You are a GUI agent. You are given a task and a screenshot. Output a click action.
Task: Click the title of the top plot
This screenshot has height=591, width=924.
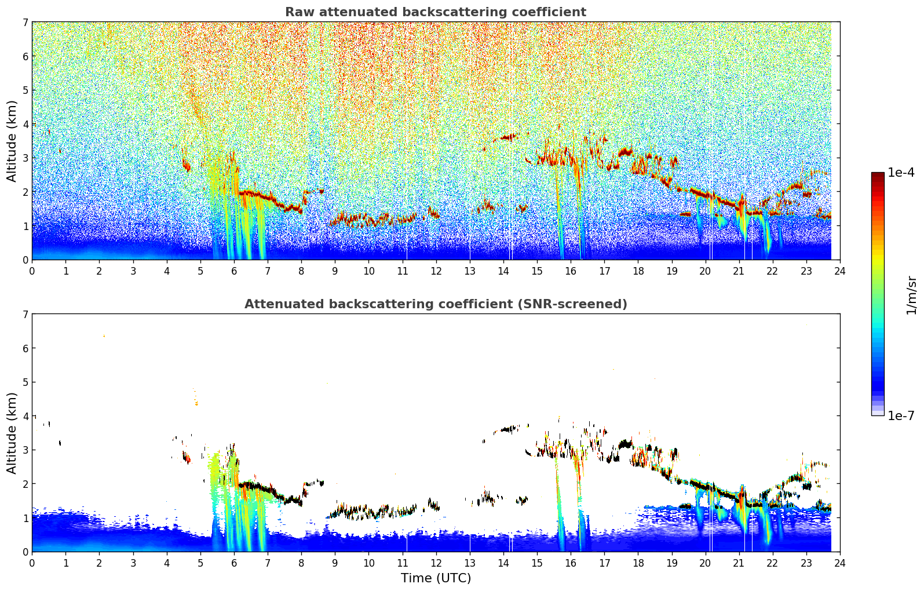(x=436, y=12)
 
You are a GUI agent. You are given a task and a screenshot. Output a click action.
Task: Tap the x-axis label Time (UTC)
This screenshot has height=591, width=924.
(x=436, y=578)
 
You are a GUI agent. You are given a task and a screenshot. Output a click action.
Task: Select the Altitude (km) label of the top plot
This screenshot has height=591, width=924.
(x=11, y=141)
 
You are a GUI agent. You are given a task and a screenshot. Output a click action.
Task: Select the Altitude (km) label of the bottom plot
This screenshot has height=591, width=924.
(x=11, y=433)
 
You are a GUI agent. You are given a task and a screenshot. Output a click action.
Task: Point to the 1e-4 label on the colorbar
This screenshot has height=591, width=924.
(x=901, y=173)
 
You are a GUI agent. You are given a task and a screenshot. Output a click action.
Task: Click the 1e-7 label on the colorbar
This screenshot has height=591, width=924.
(x=901, y=415)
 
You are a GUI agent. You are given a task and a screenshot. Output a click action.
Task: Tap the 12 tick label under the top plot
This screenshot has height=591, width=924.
(x=436, y=271)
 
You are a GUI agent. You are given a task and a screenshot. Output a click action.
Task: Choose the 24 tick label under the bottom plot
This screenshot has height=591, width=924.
(x=840, y=563)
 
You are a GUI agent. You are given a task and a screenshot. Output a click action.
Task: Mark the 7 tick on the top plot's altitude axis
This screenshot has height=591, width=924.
(x=25, y=22)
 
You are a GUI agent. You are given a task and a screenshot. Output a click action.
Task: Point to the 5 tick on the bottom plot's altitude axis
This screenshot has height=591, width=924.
(x=25, y=382)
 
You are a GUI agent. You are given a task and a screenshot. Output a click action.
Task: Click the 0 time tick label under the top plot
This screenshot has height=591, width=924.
(x=32, y=271)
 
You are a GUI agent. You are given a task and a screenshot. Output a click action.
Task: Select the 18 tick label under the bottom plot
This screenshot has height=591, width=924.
(x=638, y=563)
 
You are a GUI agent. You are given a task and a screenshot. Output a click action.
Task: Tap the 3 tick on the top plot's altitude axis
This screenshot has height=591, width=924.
(x=25, y=158)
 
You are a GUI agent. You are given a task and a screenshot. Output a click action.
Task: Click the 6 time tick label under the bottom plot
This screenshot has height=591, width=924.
(x=234, y=563)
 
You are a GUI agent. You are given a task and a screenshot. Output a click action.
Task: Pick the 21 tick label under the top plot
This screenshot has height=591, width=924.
(x=739, y=271)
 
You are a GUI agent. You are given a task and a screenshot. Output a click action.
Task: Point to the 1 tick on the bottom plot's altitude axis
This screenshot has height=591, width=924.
(x=25, y=518)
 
